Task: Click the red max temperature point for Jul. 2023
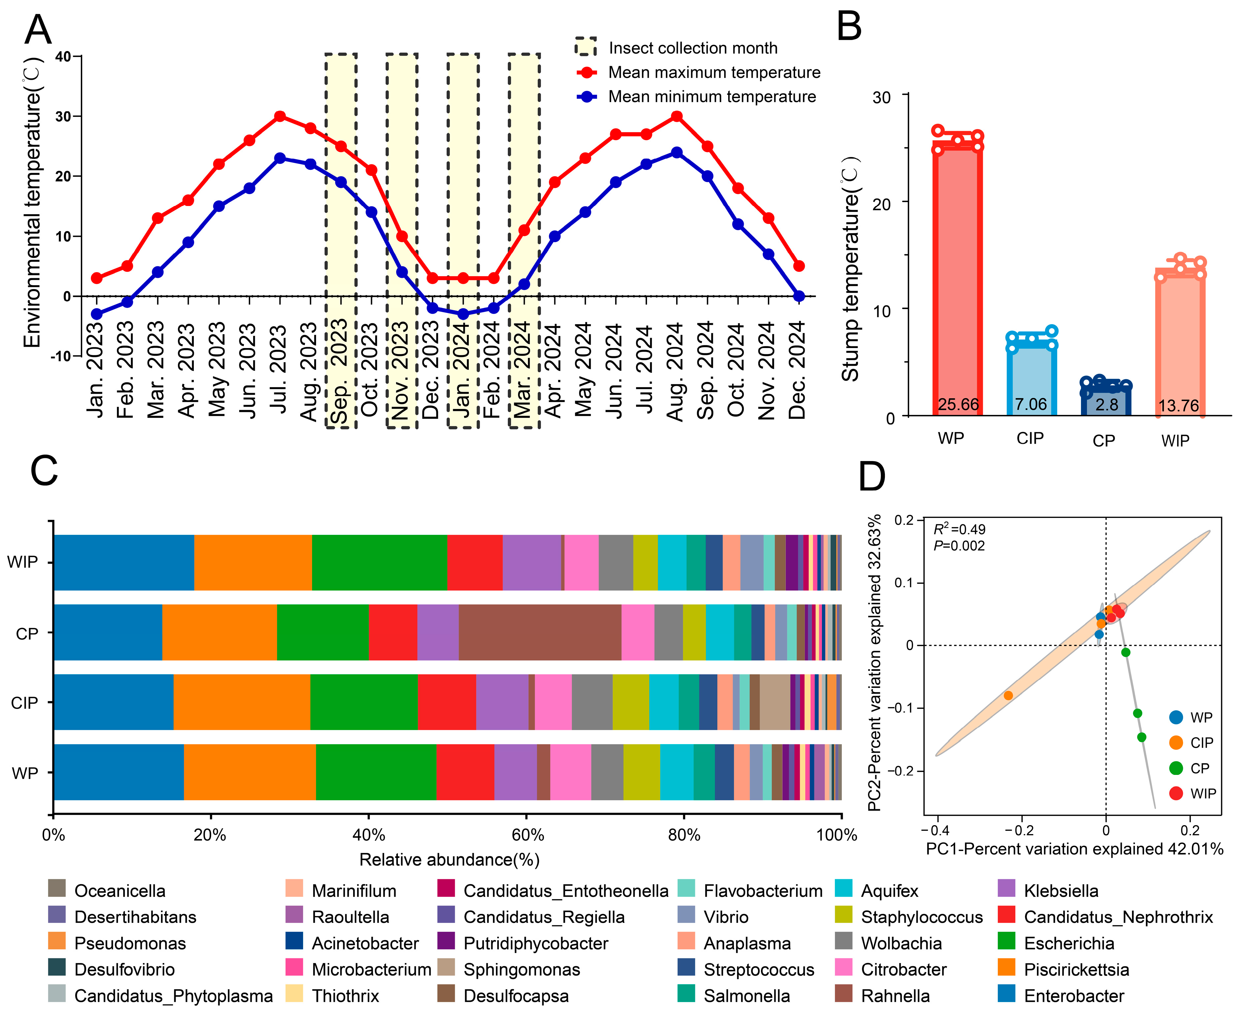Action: pos(280,116)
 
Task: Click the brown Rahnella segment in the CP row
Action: pos(540,632)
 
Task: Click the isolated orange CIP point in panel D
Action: pos(1008,695)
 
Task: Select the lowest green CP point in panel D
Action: pos(1142,737)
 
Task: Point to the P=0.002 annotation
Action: pos(959,546)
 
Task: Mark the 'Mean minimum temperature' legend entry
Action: pos(712,96)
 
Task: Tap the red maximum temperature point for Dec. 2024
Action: pos(799,266)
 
